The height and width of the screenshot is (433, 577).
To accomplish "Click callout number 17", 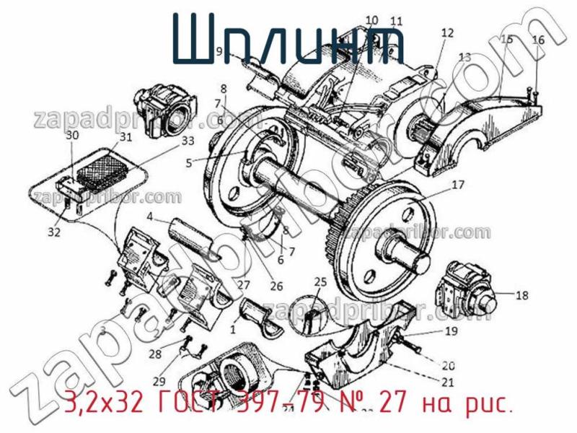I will coord(459,184).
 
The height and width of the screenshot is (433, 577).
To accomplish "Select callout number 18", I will coord(522,294).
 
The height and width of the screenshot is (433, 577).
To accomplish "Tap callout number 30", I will coord(72,135).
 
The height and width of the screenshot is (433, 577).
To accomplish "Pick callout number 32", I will coord(55,232).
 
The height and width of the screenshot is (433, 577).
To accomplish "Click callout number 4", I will coord(149,216).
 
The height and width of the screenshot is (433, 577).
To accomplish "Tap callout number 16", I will coord(538,40).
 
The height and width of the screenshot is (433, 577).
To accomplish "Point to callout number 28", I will coord(155,354).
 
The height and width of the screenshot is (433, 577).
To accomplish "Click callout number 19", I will coord(450,332).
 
